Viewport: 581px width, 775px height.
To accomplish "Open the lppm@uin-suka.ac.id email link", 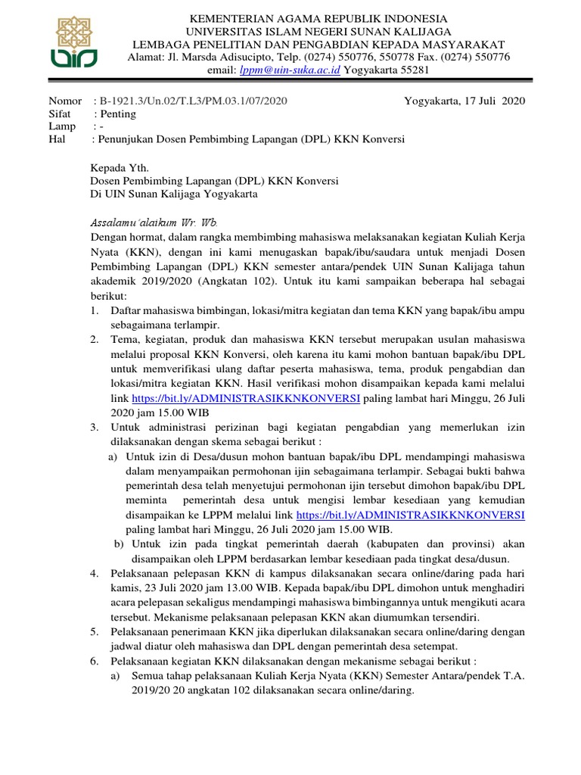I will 290,70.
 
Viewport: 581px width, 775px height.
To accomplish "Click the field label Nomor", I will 64,101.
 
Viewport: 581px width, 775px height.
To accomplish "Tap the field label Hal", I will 57,139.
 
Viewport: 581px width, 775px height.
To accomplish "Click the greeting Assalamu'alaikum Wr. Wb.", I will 154,223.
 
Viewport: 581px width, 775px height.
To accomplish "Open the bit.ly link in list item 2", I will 245,398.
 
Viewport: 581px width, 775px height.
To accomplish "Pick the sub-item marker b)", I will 119,543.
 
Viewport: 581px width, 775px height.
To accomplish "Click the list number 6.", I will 94,660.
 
